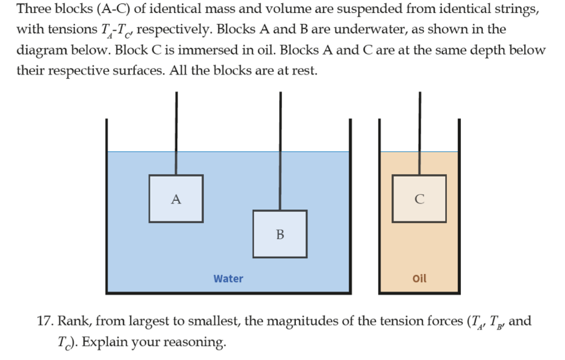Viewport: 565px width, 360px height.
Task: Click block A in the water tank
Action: [175, 199]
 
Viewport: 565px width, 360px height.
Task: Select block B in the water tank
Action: [280, 234]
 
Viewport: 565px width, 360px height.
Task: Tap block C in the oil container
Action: [419, 199]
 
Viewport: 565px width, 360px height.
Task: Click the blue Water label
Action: [228, 279]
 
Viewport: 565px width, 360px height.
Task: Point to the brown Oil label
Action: [419, 279]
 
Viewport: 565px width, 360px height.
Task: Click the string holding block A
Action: [176, 133]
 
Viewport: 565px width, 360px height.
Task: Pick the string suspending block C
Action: [420, 133]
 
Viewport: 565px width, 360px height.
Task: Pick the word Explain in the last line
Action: [101, 342]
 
